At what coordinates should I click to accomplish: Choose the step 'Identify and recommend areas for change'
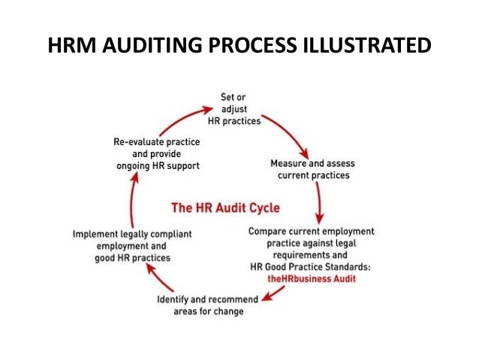click(x=211, y=306)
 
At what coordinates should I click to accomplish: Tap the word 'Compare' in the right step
click(x=269, y=230)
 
